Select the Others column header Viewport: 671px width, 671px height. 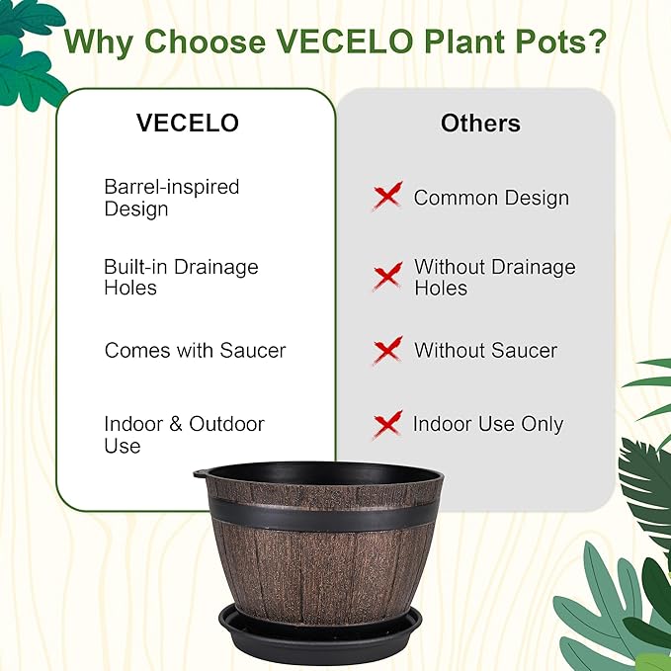coord(480,124)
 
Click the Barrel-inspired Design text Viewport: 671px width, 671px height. coord(172,198)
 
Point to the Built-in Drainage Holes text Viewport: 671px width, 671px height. coord(181,278)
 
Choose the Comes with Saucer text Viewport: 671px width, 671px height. coord(195,351)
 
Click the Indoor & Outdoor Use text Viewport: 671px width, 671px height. coord(184,435)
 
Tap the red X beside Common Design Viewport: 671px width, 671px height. coord(387,196)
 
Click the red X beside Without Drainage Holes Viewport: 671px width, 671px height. coord(387,276)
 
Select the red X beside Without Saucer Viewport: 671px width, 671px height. coord(387,350)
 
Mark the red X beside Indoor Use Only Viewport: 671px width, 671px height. coord(387,424)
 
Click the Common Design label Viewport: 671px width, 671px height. coord(491,198)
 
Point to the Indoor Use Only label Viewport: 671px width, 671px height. coord(488,425)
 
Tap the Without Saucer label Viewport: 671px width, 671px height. coord(485,351)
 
